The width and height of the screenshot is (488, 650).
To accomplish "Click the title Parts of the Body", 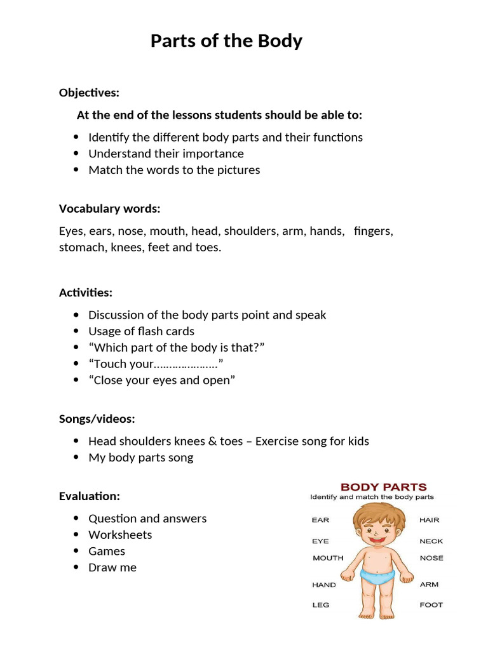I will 226,42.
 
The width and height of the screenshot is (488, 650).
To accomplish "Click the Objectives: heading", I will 89,93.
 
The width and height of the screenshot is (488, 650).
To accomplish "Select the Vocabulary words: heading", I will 109,209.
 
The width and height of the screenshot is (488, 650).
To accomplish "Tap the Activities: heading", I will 85,293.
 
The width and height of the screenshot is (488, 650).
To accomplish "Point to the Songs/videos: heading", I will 97,419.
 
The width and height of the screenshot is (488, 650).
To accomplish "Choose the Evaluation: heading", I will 89,496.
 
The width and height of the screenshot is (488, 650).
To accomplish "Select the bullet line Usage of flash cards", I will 141,331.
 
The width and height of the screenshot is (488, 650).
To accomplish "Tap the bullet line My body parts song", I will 140,458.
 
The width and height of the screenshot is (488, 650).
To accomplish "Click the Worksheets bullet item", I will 120,535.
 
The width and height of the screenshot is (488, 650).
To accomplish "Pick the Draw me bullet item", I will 112,567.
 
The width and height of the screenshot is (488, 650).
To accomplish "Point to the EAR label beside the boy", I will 320,520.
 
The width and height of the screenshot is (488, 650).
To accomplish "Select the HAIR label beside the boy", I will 429,520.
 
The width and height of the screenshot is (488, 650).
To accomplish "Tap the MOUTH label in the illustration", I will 328,558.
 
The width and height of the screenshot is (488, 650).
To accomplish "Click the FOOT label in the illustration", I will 431,605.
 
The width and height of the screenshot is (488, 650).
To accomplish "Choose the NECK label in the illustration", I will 431,541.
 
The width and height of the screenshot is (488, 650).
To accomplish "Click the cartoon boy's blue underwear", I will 377,575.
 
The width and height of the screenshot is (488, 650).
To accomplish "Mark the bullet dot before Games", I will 76,551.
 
